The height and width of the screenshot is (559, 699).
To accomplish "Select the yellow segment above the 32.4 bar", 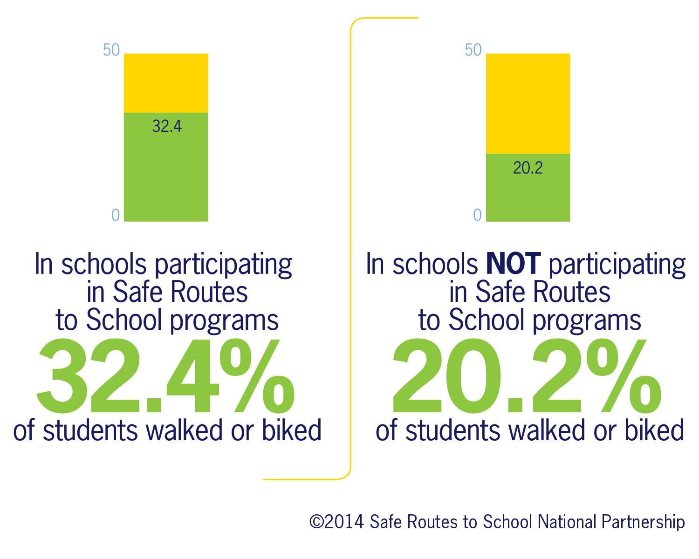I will click(165, 83).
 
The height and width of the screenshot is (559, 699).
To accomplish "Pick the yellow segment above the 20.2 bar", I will click(528, 103).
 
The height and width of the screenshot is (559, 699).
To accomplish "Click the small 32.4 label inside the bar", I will click(167, 126).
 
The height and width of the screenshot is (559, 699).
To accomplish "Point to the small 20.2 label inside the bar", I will click(528, 168).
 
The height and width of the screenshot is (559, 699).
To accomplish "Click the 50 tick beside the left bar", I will click(111, 50).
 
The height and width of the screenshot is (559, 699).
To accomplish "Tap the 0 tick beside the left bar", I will click(116, 215).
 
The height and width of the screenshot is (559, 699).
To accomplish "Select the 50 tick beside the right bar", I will click(473, 50).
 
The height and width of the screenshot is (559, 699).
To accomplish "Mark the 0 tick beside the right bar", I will click(477, 215).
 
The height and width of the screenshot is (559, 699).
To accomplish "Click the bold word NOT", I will click(513, 264).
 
